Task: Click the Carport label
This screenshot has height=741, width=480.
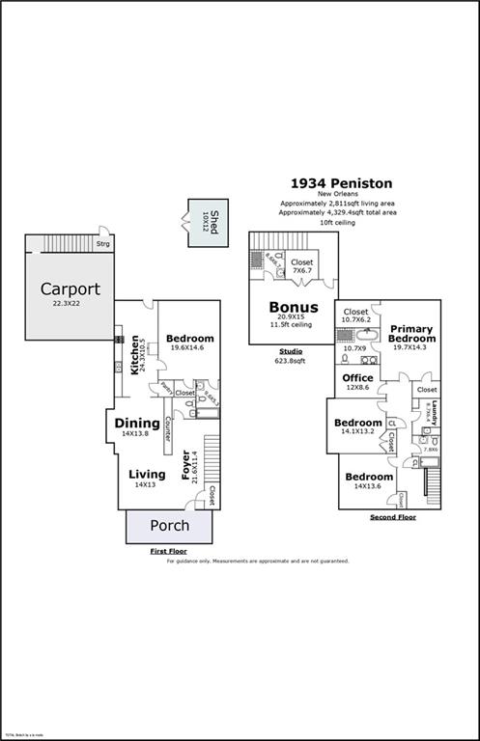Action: tap(70, 288)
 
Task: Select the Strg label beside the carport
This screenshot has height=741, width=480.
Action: tap(102, 245)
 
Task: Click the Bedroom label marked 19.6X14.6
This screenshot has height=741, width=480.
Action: tap(189, 339)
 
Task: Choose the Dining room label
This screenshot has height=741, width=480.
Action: tap(137, 423)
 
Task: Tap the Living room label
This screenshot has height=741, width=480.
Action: tap(147, 474)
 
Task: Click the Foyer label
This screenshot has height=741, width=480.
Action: tap(186, 467)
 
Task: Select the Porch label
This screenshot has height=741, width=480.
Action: tap(169, 526)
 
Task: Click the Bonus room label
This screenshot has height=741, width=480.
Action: tap(294, 308)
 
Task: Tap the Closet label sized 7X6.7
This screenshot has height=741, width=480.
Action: tap(302, 261)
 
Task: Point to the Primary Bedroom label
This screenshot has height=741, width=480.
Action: tap(411, 334)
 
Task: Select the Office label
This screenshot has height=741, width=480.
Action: tap(358, 377)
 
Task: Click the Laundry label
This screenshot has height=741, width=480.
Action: tap(435, 412)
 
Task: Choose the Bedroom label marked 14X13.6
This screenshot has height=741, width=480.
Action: tap(369, 477)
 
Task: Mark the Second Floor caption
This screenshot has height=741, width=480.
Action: tap(393, 518)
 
